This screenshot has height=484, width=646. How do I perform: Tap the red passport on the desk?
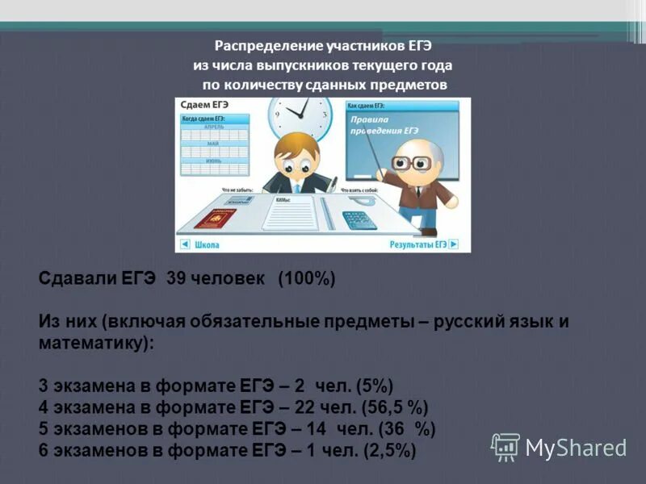(x=216, y=218)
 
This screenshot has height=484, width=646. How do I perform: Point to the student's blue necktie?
(x=297, y=187)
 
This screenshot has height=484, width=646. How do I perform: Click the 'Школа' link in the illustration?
(x=206, y=244)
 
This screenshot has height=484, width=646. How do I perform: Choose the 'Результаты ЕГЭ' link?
(x=417, y=244)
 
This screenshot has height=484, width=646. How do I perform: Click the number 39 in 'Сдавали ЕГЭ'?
(x=174, y=279)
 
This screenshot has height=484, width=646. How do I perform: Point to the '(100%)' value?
(x=306, y=279)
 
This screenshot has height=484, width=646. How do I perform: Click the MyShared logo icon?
(x=505, y=446)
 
